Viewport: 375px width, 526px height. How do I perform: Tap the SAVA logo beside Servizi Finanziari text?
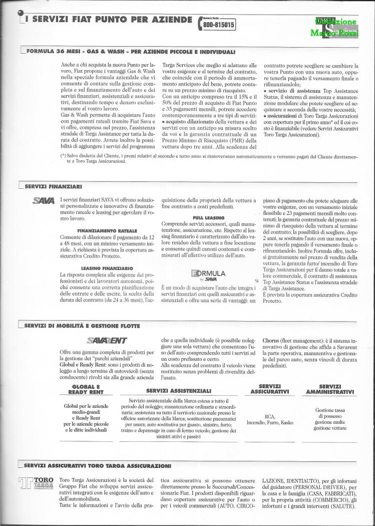(44, 201)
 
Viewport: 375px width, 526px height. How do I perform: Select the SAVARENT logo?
(107, 341)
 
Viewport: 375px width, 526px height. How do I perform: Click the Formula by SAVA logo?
(210, 275)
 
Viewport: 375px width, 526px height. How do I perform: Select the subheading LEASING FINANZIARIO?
(107, 268)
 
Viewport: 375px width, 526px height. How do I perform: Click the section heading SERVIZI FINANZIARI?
(54, 186)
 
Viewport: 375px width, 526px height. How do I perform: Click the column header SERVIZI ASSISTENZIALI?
(178, 390)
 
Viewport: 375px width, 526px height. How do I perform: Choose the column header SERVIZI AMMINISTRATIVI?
(330, 389)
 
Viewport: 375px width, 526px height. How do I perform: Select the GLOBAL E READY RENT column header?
(86, 389)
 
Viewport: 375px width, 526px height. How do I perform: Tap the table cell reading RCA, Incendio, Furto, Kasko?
(270, 419)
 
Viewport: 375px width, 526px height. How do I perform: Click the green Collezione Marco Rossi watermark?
(336, 28)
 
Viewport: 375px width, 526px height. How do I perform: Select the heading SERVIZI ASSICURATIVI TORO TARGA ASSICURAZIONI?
(98, 466)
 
